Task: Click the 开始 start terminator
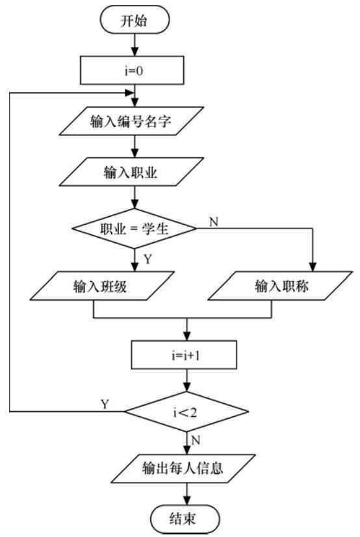click(x=135, y=19)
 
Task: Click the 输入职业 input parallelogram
click(x=135, y=172)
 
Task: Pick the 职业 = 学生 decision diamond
click(x=135, y=229)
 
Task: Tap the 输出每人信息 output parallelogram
click(x=186, y=469)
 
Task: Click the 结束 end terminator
click(x=186, y=519)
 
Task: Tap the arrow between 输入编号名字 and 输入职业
click(x=135, y=146)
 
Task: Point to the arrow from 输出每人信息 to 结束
click(x=186, y=495)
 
